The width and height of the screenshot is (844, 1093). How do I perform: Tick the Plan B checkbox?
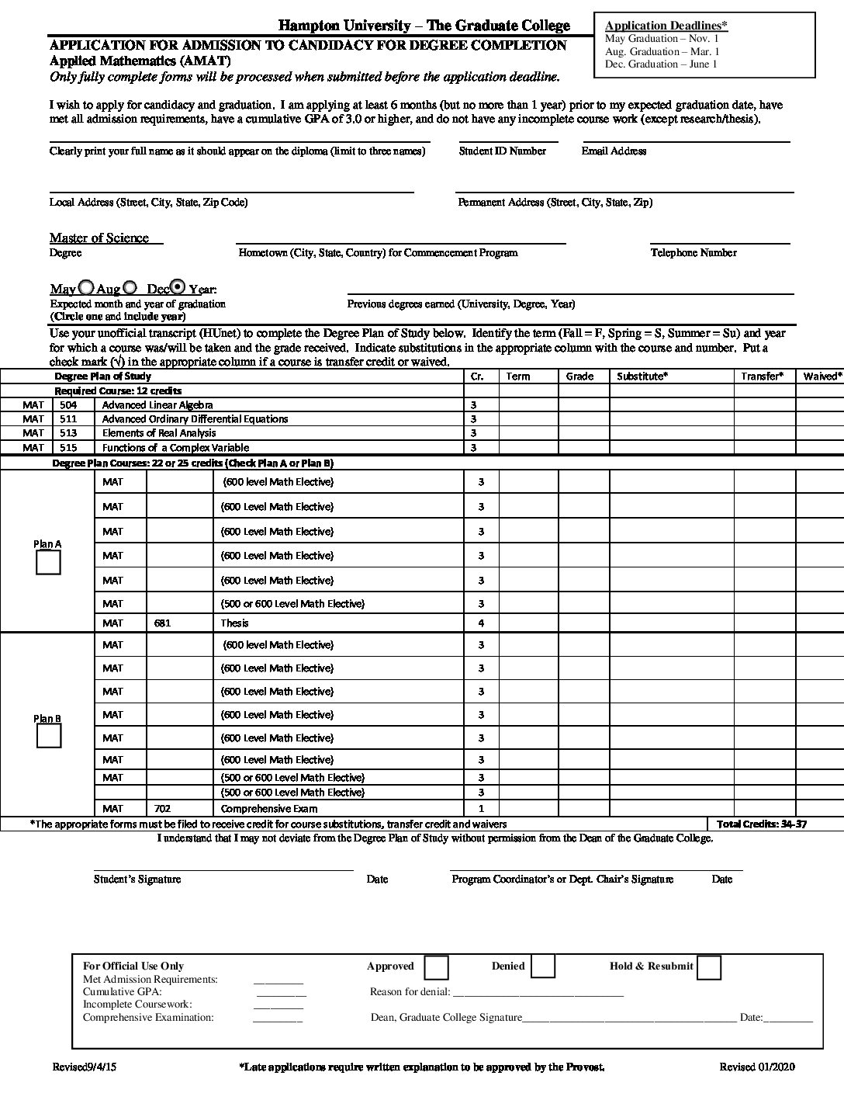(49, 736)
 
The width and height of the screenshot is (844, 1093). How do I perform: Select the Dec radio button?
(178, 286)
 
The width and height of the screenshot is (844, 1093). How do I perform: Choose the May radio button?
(86, 286)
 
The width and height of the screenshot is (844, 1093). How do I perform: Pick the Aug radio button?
(130, 286)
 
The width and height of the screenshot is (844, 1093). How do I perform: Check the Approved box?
(437, 966)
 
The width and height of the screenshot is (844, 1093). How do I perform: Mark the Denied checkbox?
(543, 966)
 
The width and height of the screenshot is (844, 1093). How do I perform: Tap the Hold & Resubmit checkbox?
(709, 966)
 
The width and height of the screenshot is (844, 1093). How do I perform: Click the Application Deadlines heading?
(666, 26)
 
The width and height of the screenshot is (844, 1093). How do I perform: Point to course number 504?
(68, 405)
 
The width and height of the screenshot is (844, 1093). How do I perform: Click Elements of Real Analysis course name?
(159, 433)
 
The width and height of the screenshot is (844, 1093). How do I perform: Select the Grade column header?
(579, 376)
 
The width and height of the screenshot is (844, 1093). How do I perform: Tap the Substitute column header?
(642, 376)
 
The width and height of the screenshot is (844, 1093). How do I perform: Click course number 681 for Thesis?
(162, 623)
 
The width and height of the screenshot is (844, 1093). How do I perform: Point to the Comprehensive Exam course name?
(268, 808)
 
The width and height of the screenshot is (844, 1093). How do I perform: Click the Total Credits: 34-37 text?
(762, 824)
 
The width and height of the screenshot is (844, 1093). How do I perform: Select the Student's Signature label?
(137, 880)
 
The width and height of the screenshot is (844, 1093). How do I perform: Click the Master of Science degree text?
(99, 238)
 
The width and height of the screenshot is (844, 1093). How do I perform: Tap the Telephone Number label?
(694, 253)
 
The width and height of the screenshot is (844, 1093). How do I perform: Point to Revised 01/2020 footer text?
(756, 1067)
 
